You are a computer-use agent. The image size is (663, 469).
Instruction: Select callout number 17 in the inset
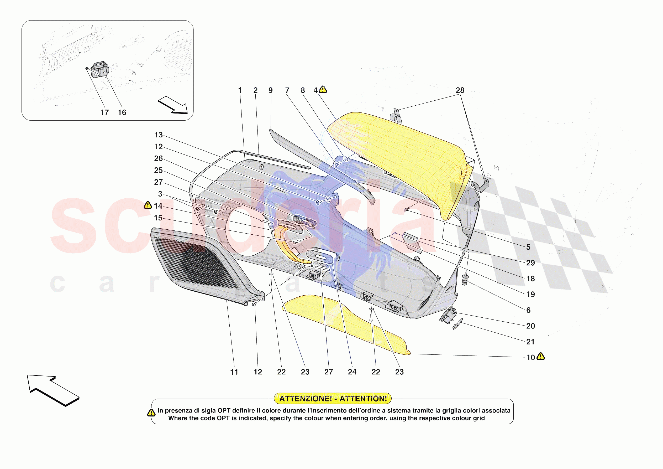(104, 112)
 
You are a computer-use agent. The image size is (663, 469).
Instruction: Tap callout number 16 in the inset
(122, 112)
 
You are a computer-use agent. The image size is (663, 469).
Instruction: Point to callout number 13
(159, 135)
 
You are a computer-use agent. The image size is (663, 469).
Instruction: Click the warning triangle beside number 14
(148, 205)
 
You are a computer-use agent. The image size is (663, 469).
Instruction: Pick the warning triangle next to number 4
(323, 90)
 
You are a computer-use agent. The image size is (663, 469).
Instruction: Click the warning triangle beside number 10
(541, 357)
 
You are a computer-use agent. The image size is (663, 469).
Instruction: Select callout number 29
(530, 263)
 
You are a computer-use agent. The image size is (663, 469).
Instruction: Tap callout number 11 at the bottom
(234, 372)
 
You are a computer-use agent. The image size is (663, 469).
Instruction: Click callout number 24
(352, 372)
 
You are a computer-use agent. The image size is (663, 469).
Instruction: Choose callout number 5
(528, 247)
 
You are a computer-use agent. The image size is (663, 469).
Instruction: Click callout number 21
(530, 342)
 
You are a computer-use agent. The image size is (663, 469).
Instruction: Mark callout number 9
(270, 90)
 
